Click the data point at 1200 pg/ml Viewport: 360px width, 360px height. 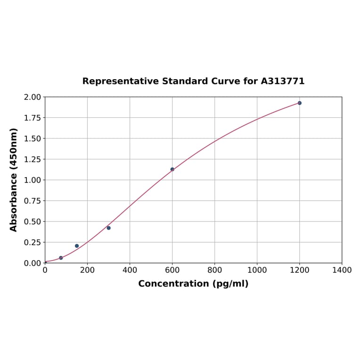[299, 103]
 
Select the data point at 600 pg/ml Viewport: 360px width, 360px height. [172, 169]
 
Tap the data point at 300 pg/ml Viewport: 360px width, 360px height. [108, 228]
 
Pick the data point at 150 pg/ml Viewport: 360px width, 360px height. [77, 245]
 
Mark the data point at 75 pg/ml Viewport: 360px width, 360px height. [61, 258]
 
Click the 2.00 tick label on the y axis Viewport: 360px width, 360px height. [32, 97]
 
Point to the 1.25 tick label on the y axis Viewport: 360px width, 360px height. [32, 159]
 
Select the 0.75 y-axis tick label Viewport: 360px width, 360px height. [32, 201]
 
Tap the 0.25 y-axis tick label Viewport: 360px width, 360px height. [32, 242]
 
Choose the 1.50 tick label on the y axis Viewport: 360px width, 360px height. [32, 139]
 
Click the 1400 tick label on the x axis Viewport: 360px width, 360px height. [342, 270]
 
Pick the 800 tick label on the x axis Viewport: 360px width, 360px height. [214, 270]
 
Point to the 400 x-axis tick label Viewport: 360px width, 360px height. [130, 270]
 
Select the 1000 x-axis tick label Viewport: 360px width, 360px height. [257, 270]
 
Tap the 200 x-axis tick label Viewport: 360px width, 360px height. [87, 270]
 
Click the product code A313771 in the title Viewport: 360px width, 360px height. [283, 82]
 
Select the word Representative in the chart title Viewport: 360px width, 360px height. [120, 82]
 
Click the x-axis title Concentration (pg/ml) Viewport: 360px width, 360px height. [193, 284]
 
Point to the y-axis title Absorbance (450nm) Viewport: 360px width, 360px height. [14, 180]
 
